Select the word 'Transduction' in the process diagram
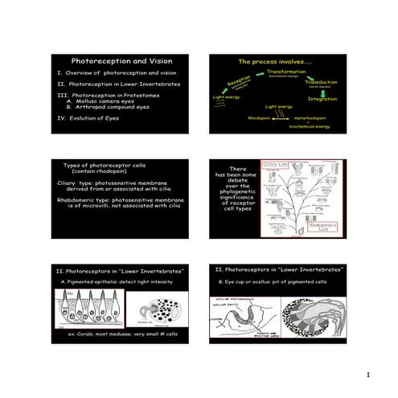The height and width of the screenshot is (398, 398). click(322, 81)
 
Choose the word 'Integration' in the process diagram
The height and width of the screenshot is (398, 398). click(322, 99)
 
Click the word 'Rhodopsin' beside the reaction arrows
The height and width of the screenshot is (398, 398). click(260, 117)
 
